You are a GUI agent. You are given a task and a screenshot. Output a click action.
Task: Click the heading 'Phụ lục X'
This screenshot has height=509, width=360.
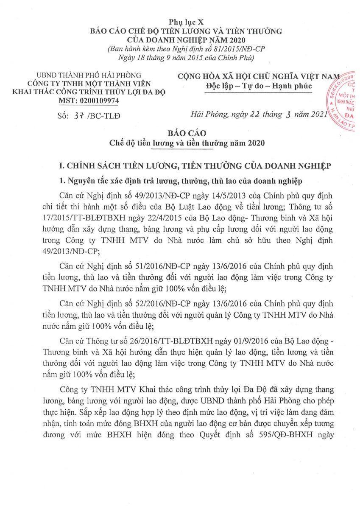click(180, 22)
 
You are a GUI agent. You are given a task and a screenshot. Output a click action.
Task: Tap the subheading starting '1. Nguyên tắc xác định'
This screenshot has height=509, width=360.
click(180, 182)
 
